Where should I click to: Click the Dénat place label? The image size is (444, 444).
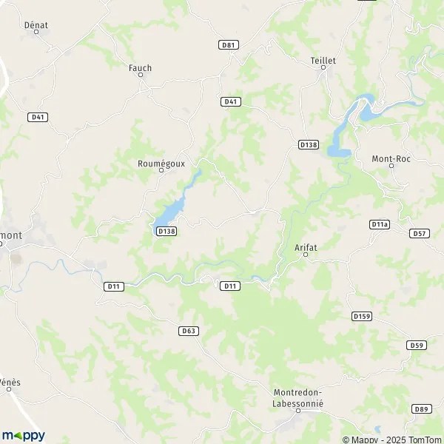click(x=36, y=24)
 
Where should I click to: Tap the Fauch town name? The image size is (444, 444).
click(x=140, y=68)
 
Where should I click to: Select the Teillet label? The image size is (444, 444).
click(x=323, y=60)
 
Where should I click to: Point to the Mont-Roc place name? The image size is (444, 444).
click(x=391, y=158)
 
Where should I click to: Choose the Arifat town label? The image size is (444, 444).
click(x=306, y=247)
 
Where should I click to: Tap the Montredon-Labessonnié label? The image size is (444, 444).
click(x=299, y=398)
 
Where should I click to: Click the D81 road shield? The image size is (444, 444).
click(x=229, y=45)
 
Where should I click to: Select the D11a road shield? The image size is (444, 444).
click(x=380, y=223)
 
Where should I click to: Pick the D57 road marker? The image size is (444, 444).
click(x=420, y=233)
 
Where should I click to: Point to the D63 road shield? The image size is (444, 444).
click(x=189, y=331)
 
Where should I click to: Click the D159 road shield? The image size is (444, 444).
click(x=361, y=316)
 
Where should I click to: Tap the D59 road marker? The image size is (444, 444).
click(x=417, y=345)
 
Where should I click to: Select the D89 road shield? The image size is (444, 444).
click(x=422, y=408)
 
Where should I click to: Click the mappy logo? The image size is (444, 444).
click(x=23, y=434)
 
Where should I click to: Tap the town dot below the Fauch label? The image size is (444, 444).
click(x=141, y=76)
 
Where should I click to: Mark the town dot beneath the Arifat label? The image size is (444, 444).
click(x=306, y=255)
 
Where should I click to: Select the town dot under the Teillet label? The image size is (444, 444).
click(x=323, y=68)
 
